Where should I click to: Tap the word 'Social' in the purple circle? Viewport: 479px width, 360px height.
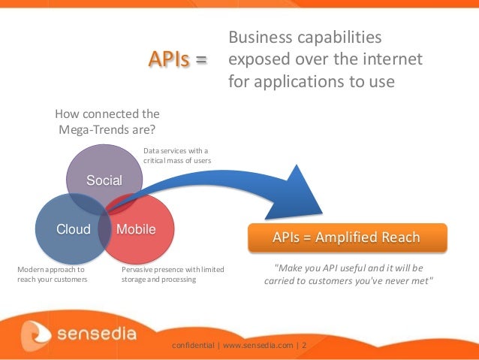click(104, 180)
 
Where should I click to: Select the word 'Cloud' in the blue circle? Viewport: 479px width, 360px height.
click(74, 229)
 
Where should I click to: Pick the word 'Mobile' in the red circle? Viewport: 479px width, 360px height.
click(136, 229)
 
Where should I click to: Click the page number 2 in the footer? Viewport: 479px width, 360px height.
click(304, 346)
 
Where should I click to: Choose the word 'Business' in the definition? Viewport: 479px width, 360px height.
click(260, 38)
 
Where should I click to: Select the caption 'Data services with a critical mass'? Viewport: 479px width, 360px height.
click(176, 156)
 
